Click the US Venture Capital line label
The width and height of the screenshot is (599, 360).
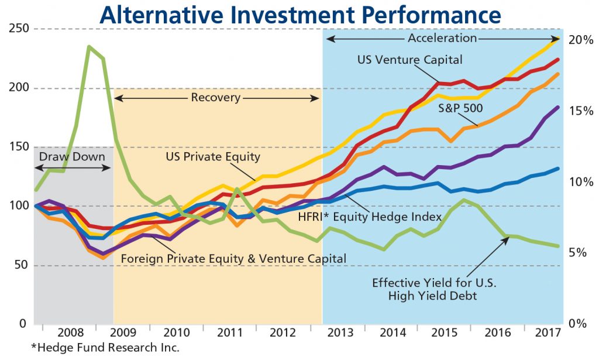(x=410, y=60)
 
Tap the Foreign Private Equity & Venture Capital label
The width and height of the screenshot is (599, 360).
(x=233, y=258)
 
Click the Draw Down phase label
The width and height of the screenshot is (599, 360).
(x=72, y=157)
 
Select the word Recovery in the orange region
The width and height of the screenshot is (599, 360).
(x=215, y=98)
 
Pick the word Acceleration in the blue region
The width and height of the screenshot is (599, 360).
(x=442, y=39)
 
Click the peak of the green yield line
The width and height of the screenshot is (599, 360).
(x=89, y=46)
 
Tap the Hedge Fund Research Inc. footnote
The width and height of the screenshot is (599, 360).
(x=105, y=347)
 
